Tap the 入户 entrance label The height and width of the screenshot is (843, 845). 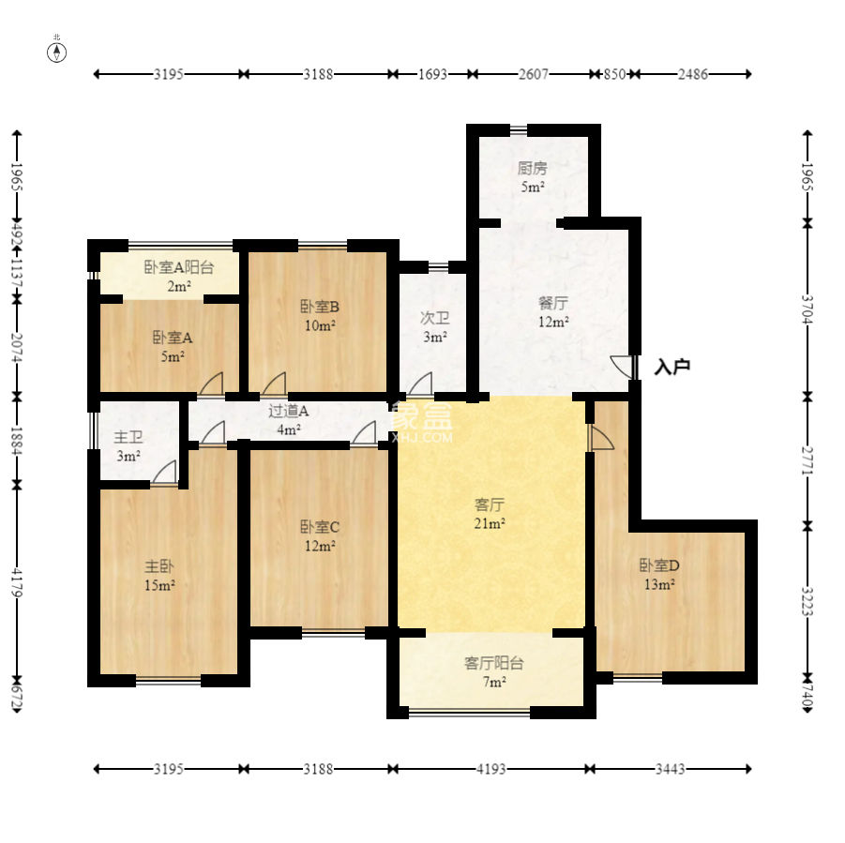coord(671,367)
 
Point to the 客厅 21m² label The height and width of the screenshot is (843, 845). coord(490,514)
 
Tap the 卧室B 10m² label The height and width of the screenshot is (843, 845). coord(320,316)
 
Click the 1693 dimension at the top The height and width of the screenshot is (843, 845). coord(432,74)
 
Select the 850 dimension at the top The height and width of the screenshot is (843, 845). coord(614,74)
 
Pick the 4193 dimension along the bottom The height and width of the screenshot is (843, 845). coord(490,769)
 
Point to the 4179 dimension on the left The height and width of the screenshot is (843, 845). coord(17,582)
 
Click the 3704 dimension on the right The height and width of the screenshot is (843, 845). coord(807,309)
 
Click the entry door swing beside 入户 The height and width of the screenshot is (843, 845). coord(622,367)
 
